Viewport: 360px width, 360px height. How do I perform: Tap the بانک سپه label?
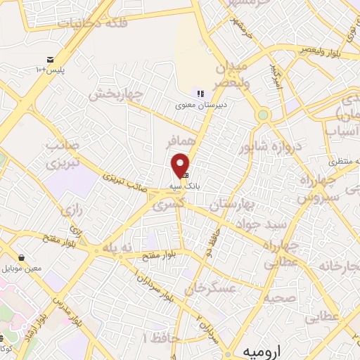[182, 186]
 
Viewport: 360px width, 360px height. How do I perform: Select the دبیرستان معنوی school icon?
[200, 94]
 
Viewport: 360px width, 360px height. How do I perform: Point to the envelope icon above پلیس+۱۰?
[50, 60]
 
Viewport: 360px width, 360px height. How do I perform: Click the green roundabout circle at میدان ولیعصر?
[263, 114]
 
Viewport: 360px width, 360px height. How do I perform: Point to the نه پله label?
[117, 248]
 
